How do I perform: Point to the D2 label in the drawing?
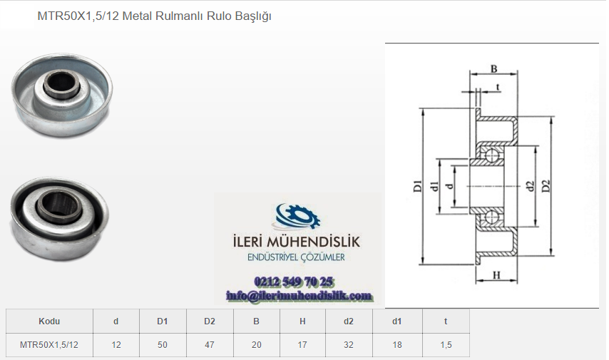pyautogui.click(x=546, y=186)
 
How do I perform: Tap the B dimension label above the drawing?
pyautogui.click(x=493, y=68)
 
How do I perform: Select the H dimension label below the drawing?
pyautogui.click(x=496, y=275)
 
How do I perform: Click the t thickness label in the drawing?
pyautogui.click(x=498, y=87)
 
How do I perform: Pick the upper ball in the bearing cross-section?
pyautogui.click(x=493, y=155)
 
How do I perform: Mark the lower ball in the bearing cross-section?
pyautogui.click(x=493, y=217)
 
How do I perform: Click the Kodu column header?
pyautogui.click(x=49, y=322)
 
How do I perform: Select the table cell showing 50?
pyautogui.click(x=163, y=345)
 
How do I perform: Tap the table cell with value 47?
pyautogui.click(x=210, y=345)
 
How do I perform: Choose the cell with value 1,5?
pyautogui.click(x=446, y=345)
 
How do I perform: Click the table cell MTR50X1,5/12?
pyautogui.click(x=49, y=345)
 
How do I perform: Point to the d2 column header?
pyautogui.click(x=349, y=322)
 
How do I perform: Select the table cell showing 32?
pyautogui.click(x=349, y=345)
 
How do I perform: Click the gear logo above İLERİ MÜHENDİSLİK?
pyautogui.click(x=297, y=217)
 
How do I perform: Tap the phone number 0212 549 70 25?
pyautogui.click(x=293, y=282)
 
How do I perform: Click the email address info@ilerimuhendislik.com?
pyautogui.click(x=299, y=297)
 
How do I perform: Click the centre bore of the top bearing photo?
pyautogui.click(x=62, y=83)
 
